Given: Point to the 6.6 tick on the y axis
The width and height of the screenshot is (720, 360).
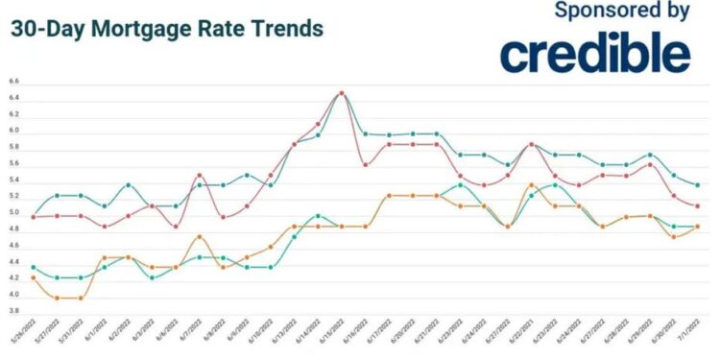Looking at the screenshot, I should tap(12, 84).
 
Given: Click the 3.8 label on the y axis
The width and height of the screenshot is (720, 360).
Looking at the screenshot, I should tap(12, 310).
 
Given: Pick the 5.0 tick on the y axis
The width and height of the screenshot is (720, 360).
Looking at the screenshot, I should tap(12, 213).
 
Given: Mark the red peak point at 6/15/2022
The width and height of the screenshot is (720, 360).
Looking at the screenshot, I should tap(342, 93).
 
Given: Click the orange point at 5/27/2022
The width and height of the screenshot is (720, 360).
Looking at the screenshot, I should tap(58, 298).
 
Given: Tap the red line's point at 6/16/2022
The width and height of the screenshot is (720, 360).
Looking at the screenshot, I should tap(366, 165).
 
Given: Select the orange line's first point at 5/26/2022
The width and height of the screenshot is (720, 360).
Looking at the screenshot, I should tap(34, 277).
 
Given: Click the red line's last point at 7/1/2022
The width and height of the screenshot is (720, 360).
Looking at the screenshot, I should tap(697, 205).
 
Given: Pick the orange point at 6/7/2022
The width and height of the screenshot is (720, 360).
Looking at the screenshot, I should tap(200, 237).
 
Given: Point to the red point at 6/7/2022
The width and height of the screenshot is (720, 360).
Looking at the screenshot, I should tap(200, 176).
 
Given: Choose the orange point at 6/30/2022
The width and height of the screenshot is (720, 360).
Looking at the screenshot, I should tap(673, 237).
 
